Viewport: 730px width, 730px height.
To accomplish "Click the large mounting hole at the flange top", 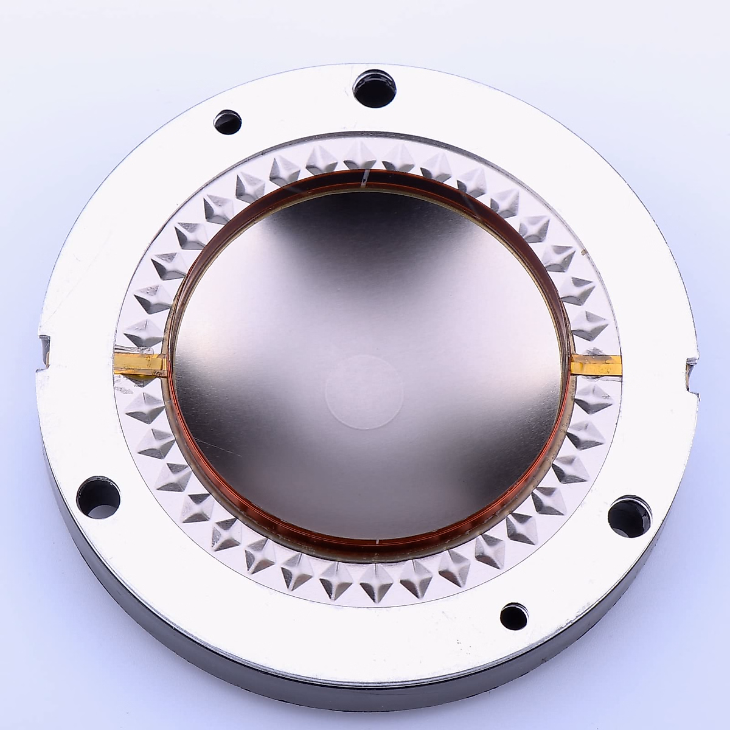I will pos(374,88).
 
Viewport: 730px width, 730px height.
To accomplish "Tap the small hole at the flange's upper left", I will pos(228,122).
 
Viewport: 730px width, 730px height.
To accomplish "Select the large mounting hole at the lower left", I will pos(99,497).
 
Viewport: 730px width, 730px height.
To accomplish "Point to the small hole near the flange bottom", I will pos(514,617).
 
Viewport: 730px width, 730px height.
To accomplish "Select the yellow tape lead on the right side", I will pos(596,364).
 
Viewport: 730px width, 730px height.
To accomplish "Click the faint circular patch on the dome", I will pos(364,392).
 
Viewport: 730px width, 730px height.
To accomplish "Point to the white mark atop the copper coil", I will pos(366,178).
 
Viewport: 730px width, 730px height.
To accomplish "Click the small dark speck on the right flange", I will pos(586,249).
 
